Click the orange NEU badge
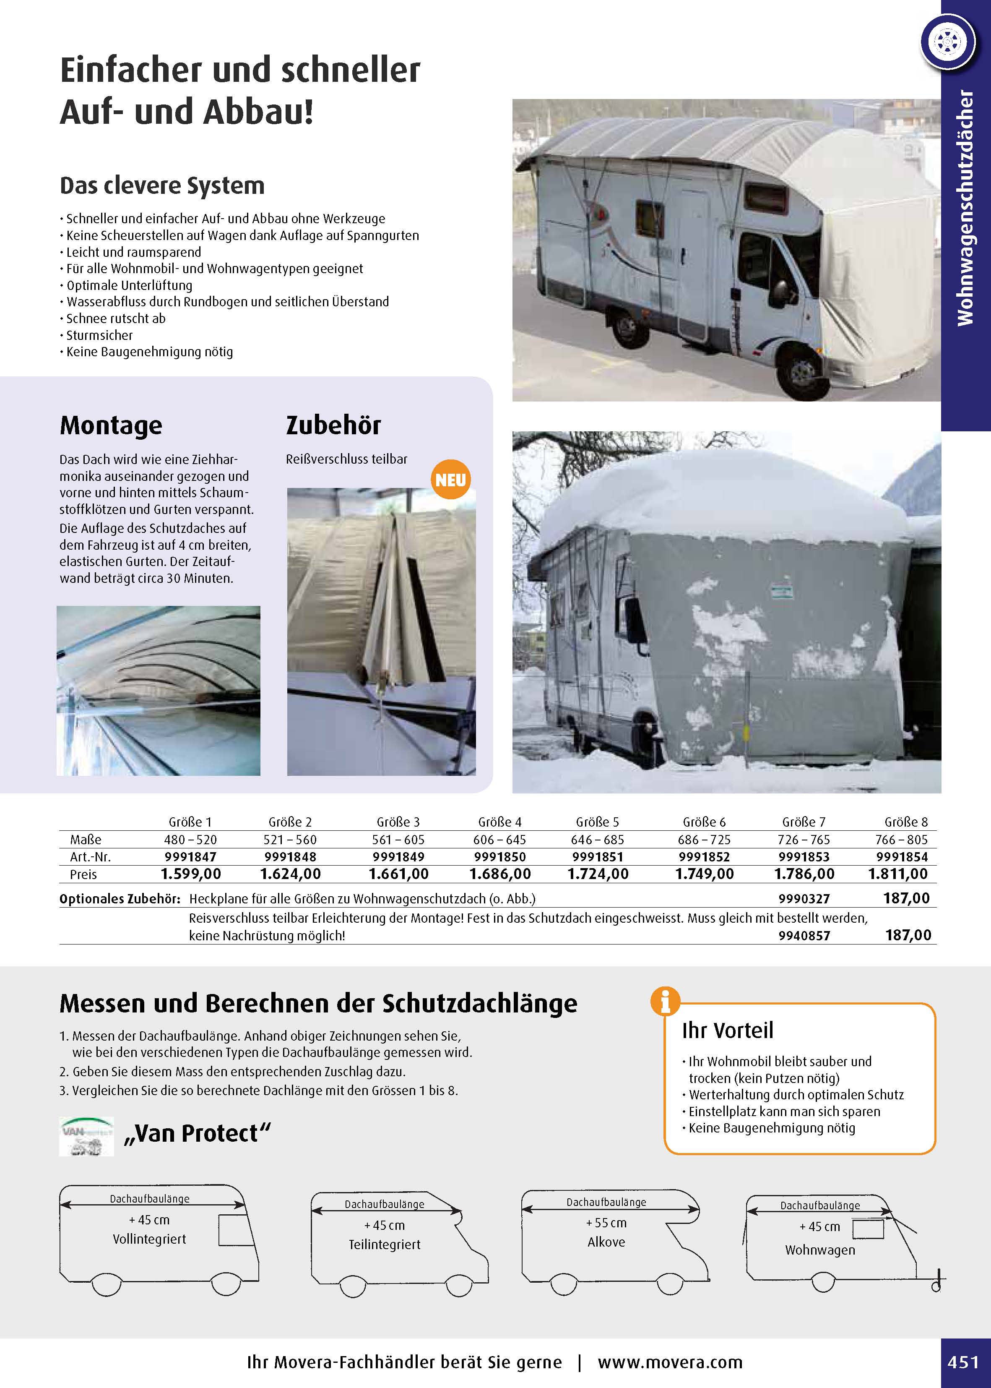tap(450, 480)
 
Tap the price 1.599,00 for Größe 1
tap(191, 874)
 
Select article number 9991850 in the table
tap(500, 857)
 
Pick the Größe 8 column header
tap(906, 822)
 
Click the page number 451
tap(963, 1362)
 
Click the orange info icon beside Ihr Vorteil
tap(665, 1002)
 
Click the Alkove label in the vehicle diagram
tap(606, 1242)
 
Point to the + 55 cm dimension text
tap(606, 1223)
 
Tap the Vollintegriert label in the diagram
tap(149, 1239)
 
